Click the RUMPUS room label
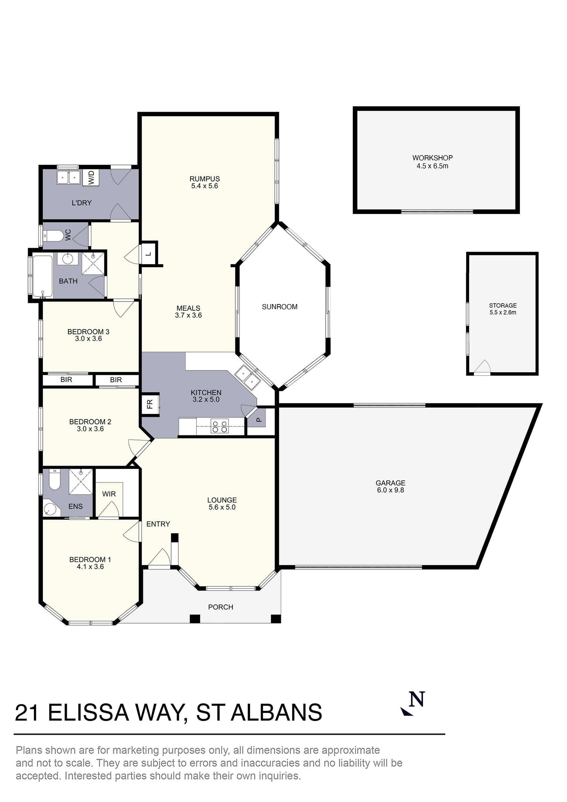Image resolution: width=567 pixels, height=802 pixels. [204, 179]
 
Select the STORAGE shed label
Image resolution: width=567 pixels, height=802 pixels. [503, 306]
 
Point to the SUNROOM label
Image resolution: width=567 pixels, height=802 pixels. [280, 307]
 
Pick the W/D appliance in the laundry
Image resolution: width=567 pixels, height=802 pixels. [92, 177]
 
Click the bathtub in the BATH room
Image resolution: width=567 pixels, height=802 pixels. [43, 277]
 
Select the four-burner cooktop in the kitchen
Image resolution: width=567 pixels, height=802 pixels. [220, 426]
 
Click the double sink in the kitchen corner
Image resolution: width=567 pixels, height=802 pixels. [247, 377]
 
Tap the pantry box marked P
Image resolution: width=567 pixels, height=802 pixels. [259, 420]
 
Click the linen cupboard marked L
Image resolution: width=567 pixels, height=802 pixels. [149, 254]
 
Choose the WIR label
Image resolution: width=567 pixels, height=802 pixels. [109, 494]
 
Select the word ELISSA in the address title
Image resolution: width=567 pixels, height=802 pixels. [88, 713]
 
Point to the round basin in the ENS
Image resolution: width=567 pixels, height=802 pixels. [50, 510]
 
